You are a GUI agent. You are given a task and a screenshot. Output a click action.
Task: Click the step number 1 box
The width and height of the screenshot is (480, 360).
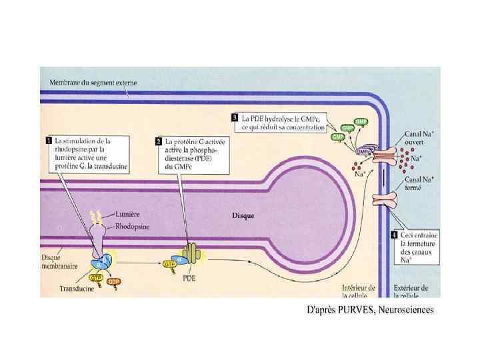coord(49,141)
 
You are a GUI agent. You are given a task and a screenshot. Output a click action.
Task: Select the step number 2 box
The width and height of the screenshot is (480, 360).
coord(159,141)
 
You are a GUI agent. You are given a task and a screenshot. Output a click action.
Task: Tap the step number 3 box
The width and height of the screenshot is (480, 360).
coord(235,117)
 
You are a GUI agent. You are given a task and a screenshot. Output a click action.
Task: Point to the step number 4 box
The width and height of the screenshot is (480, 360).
coord(395,235)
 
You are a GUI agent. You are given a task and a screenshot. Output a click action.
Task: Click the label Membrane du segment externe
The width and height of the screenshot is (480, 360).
coord(93,83)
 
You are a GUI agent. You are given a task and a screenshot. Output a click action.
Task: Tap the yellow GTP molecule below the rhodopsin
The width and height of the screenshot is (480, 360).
coord(96,277)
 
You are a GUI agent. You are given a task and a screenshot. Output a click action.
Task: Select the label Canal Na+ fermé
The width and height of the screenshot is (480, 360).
coord(419,183)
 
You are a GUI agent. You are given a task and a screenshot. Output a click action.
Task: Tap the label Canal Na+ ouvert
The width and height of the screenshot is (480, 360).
coord(420,138)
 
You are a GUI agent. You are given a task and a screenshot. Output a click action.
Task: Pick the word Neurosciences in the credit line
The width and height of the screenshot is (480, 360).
coord(409,309)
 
